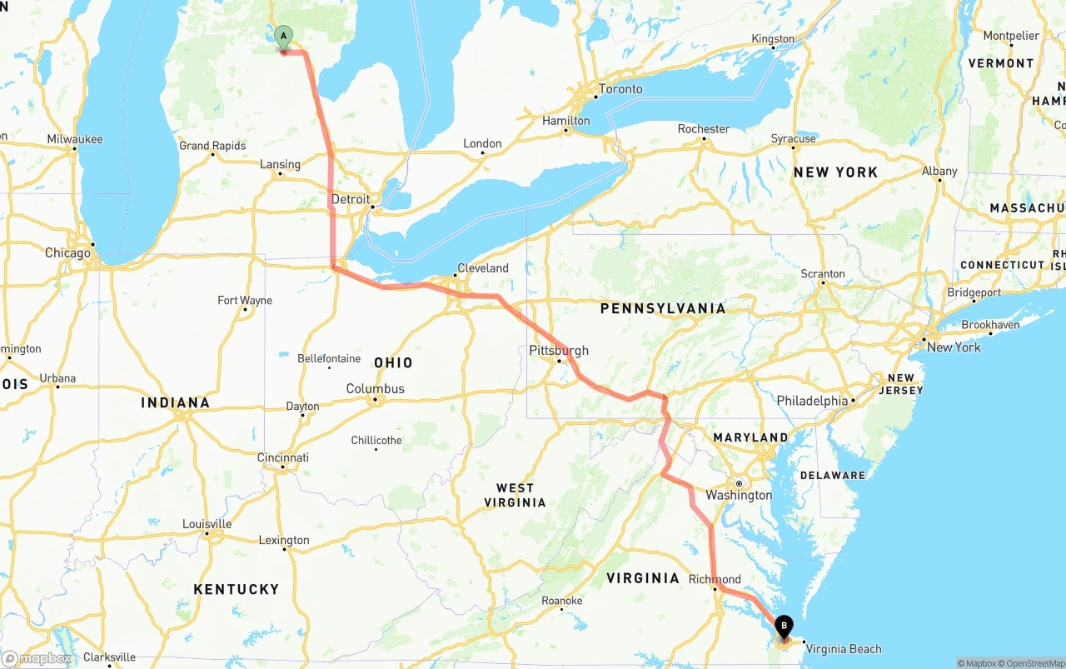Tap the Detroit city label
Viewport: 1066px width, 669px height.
click(x=351, y=199)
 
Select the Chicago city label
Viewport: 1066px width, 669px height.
click(x=67, y=252)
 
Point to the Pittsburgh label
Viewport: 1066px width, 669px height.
click(x=559, y=351)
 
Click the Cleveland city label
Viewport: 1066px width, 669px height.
click(x=482, y=268)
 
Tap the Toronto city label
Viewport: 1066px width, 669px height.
click(x=620, y=89)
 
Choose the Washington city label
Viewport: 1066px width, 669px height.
click(x=739, y=495)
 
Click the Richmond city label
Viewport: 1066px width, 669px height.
click(x=715, y=579)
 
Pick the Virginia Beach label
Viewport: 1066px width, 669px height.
click(x=844, y=649)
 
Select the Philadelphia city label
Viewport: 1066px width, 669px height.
click(x=813, y=401)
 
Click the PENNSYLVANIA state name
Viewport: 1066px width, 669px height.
click(x=663, y=308)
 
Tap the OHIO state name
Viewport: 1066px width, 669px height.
click(x=393, y=362)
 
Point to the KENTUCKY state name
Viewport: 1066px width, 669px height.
click(x=237, y=589)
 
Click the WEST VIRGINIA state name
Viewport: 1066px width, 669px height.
click(x=516, y=495)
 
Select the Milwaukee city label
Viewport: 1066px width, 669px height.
click(x=75, y=139)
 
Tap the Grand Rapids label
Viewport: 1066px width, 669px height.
click(x=212, y=146)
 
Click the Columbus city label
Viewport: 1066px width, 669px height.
click(x=376, y=389)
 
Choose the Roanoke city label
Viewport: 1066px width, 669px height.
click(x=561, y=601)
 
